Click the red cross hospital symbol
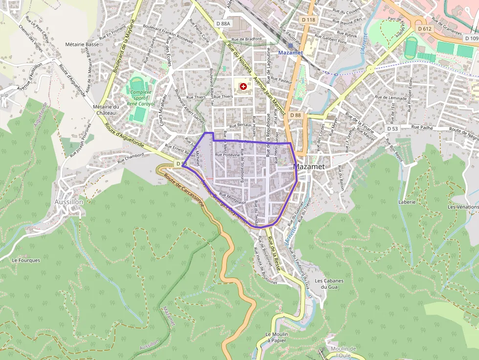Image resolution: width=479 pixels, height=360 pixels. pos(243,86)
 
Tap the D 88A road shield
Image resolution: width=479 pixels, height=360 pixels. pos(222,23)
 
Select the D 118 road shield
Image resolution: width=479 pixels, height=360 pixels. pos(308,20)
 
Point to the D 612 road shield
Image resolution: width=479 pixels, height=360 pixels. pos(425,29)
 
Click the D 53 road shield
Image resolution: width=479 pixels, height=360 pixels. pos(393,128)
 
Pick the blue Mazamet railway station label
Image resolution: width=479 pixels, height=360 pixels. pos(290,52)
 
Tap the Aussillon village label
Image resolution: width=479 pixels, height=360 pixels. pos(69,202)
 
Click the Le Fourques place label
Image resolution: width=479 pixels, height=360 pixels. pos(26,260)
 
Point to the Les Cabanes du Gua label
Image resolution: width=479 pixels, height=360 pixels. pos(329,284)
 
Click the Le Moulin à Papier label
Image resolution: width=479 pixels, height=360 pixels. pos(275,338)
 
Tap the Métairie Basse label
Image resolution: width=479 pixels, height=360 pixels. pos(82,44)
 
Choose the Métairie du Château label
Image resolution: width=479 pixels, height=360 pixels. pos(106,110)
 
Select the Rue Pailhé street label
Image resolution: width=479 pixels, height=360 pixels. pos(423,127)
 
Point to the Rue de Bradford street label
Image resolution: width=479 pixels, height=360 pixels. pos(247,39)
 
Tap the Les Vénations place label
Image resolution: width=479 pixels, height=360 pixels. pos(463,207)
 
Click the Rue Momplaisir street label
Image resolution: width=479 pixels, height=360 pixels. pos(232,198)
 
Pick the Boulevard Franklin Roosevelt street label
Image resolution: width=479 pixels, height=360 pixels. pos(168,34)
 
